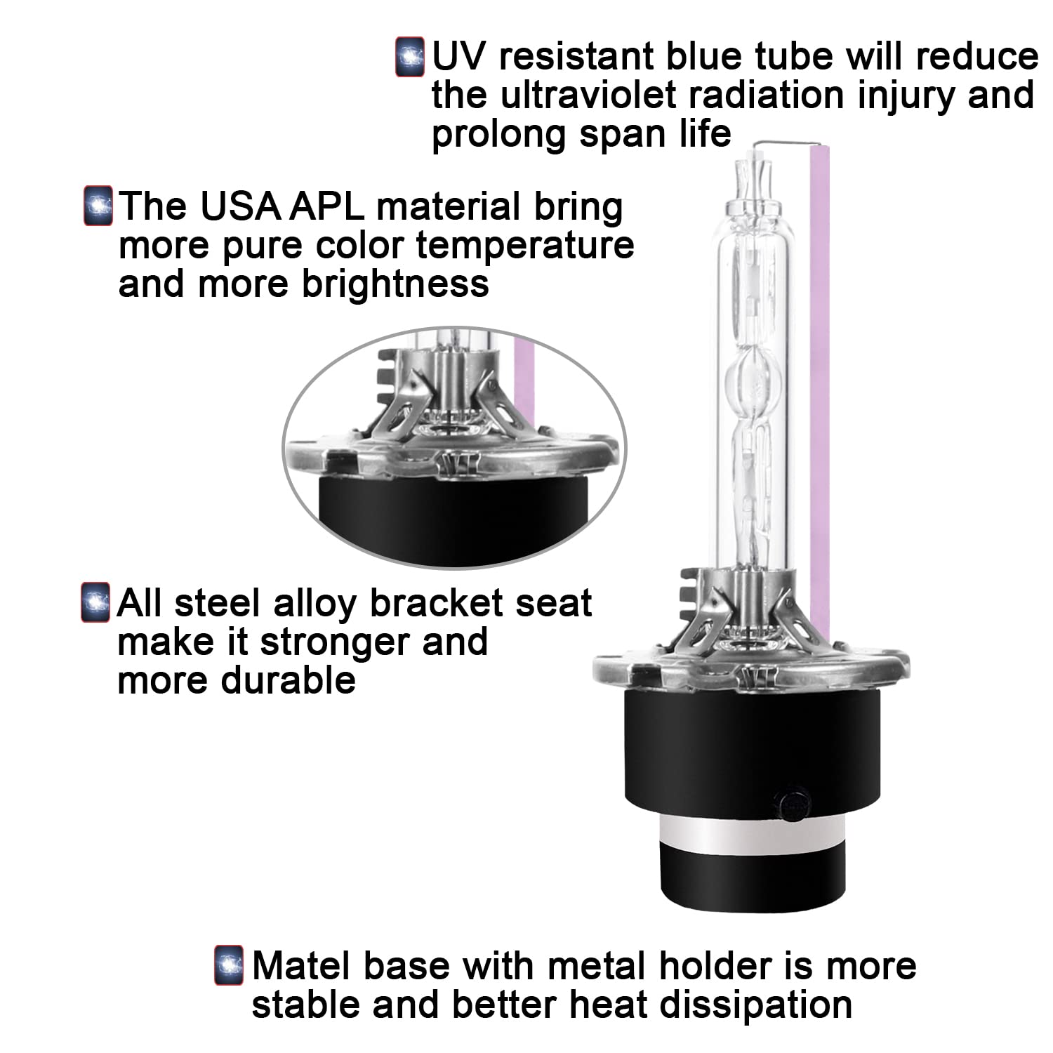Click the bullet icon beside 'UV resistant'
click(x=410, y=57)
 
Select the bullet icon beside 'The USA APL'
click(x=98, y=206)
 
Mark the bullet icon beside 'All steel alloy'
click(x=95, y=602)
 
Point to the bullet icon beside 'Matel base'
click(x=229, y=965)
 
